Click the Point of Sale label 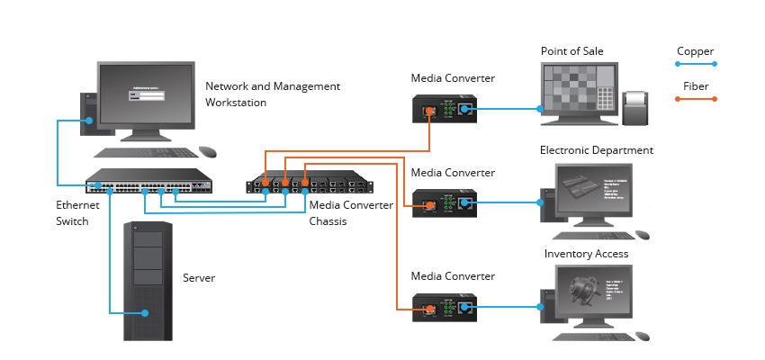571,51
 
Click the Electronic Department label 596,150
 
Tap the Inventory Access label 586,254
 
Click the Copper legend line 696,64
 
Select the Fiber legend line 696,101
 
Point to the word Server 200,279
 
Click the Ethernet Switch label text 77,213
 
